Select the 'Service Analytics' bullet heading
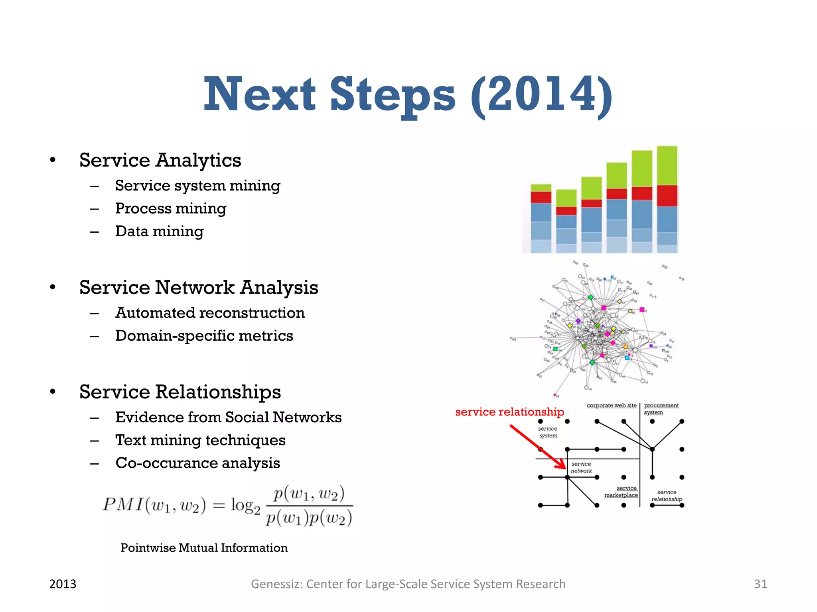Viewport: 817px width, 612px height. pyautogui.click(x=160, y=160)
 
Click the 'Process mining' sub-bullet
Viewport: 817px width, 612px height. pyautogui.click(x=171, y=208)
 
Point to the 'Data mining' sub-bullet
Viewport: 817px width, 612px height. pyautogui.click(x=159, y=231)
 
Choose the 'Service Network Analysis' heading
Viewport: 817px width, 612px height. pyautogui.click(x=199, y=288)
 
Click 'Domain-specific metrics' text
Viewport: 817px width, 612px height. pyautogui.click(x=204, y=336)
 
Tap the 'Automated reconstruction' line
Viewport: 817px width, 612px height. pyautogui.click(x=210, y=313)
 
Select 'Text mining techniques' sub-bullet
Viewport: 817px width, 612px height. pyautogui.click(x=200, y=440)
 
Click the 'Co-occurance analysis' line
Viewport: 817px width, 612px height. pyautogui.click(x=197, y=463)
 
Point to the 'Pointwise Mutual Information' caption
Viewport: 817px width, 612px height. pyautogui.click(x=204, y=548)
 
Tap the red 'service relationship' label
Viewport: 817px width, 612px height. pyautogui.click(x=509, y=412)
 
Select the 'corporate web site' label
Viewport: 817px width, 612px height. pyautogui.click(x=611, y=406)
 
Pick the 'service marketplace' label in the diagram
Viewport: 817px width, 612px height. pyautogui.click(x=621, y=492)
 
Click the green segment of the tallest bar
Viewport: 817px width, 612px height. pyautogui.click(x=667, y=165)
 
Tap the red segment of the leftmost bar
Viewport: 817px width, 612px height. pyautogui.click(x=541, y=197)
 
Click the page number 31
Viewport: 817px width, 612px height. pyautogui.click(x=760, y=584)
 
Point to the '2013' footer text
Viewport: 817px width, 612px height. pyautogui.click(x=63, y=584)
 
